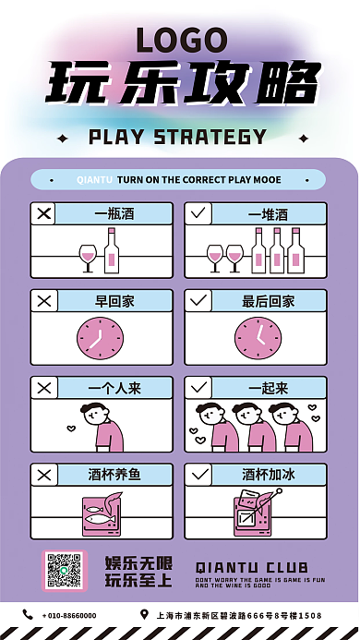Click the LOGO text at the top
click(x=180, y=40)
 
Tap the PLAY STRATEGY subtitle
click(x=177, y=138)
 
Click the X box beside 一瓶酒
click(x=43, y=213)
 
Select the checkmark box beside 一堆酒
click(x=198, y=213)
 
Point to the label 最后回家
click(x=269, y=300)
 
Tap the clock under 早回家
click(x=101, y=338)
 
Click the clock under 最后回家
click(x=256, y=338)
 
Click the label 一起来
click(x=269, y=388)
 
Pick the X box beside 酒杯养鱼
click(x=43, y=475)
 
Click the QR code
click(x=65, y=571)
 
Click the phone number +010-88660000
click(x=70, y=615)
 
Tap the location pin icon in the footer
click(x=144, y=614)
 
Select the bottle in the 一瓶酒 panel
click(x=112, y=249)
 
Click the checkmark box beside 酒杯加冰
click(x=198, y=475)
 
